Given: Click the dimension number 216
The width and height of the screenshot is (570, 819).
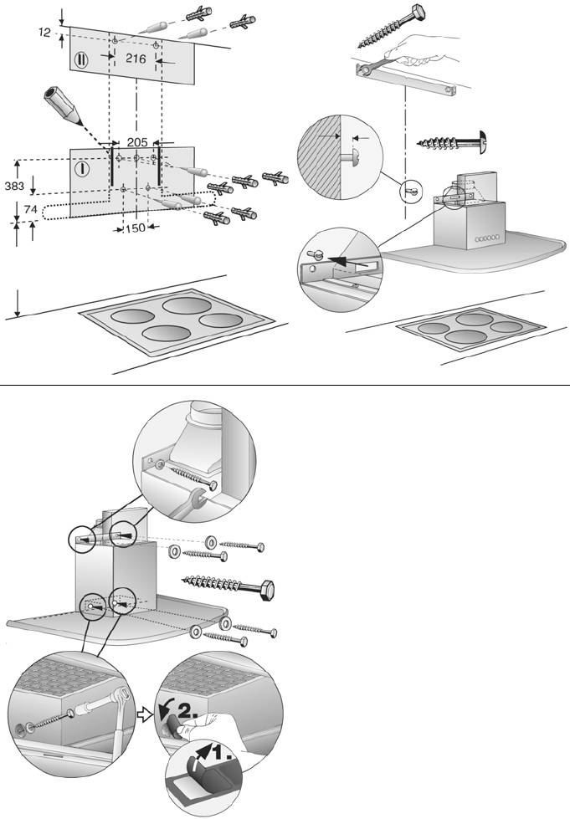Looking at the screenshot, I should point(136,59).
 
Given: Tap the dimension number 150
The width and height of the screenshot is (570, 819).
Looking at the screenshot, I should point(136,228).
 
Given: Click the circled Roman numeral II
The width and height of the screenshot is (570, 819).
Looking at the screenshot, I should point(82,60).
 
